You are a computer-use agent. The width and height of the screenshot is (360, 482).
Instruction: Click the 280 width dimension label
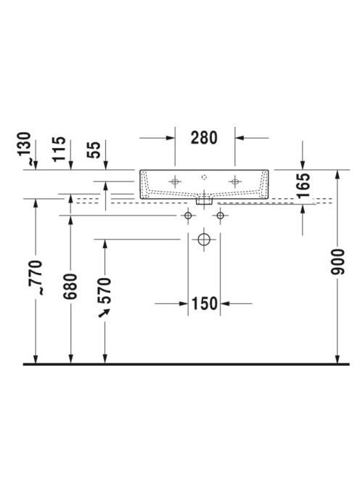coord(204,138)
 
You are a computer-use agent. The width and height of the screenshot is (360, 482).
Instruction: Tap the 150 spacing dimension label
coord(205,303)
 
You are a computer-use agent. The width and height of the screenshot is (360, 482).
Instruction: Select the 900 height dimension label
coord(337,262)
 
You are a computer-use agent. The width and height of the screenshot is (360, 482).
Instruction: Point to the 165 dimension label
coord(303,185)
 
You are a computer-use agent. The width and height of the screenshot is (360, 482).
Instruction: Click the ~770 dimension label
coord(36,277)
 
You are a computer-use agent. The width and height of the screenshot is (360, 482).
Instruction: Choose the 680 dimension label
coord(70,286)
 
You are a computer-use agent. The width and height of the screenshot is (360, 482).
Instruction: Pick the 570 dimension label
coord(104,290)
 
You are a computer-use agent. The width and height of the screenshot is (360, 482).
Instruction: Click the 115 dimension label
coord(59,149)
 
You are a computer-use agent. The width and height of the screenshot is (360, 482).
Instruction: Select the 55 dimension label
coord(94,150)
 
